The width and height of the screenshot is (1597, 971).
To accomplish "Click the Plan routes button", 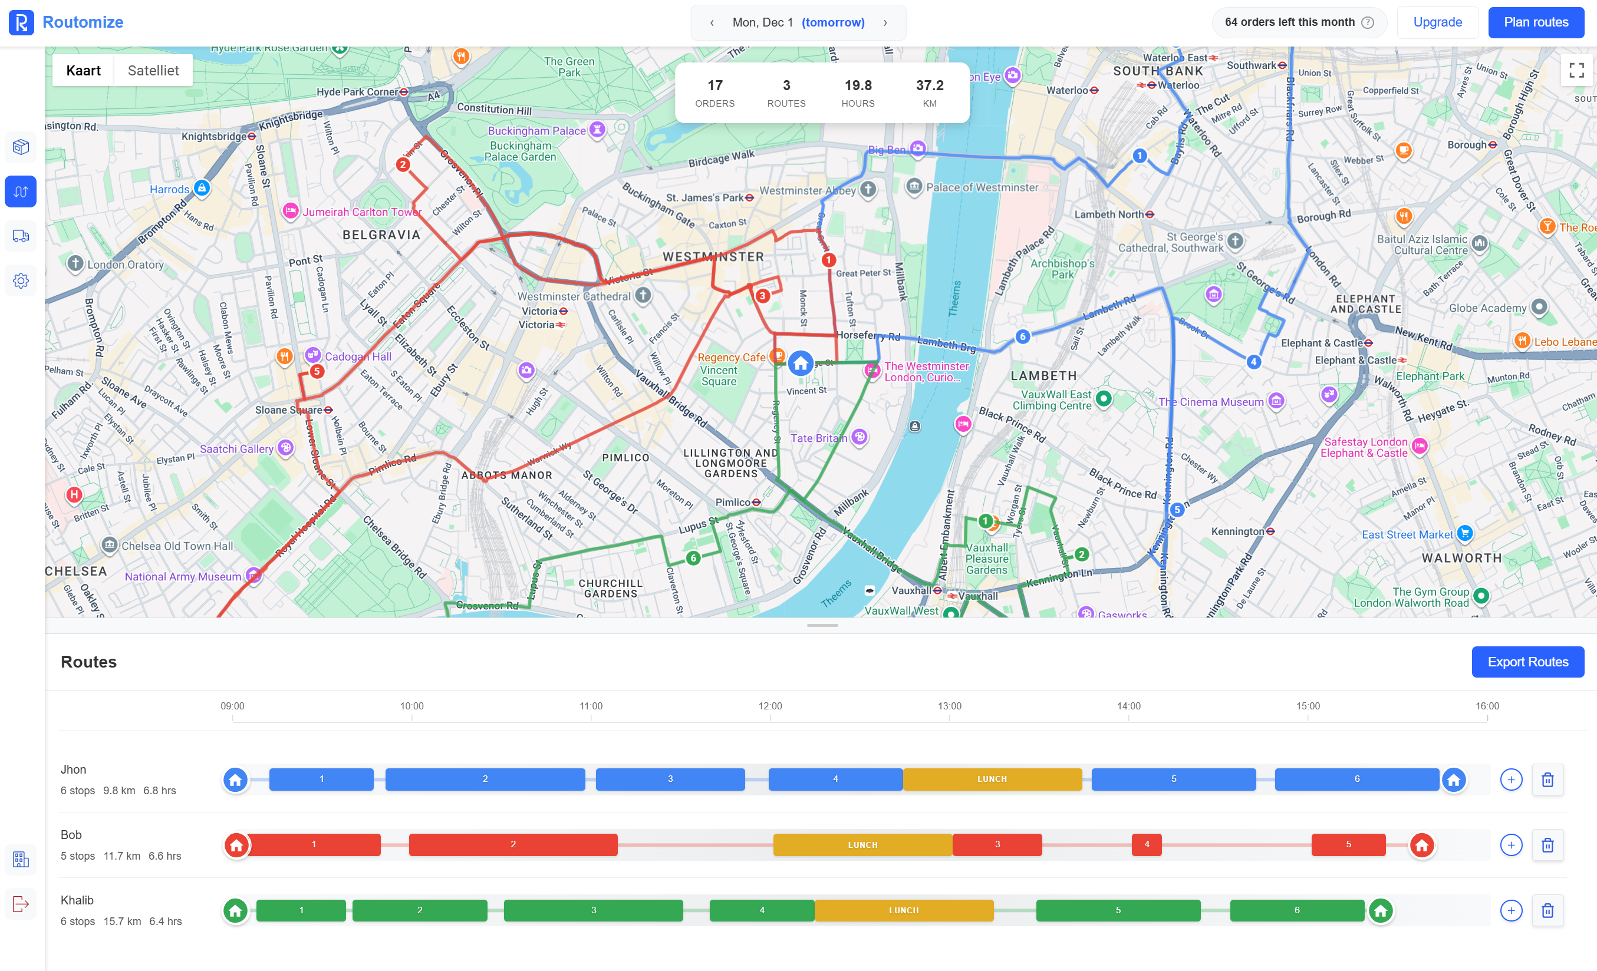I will pos(1536,22).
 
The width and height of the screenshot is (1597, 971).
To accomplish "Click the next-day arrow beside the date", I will pos(885,22).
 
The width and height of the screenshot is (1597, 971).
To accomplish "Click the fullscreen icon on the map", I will pos(1576,70).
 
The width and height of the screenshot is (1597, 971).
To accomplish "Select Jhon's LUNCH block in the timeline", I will pos(992,780).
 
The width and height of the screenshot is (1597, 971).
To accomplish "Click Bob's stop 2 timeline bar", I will pos(513,845).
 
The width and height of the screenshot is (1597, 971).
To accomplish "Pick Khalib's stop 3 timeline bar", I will pos(593,910).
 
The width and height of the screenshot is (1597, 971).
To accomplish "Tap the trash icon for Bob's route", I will pos(1547,845).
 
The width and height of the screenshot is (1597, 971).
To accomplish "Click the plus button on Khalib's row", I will pos(1511,910).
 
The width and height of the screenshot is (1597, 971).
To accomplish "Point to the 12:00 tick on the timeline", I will pos(770,706).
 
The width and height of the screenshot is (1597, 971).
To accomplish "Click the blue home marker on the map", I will pos(801,364).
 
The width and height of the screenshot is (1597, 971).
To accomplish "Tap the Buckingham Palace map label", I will pos(536,131).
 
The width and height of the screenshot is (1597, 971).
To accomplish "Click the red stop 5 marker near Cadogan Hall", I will pos(317,371).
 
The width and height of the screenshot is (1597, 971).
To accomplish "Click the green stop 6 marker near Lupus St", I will pos(693,558).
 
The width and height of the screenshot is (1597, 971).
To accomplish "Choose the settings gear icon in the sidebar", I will pos(21,281).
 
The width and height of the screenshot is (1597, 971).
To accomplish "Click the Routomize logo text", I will pos(83,22).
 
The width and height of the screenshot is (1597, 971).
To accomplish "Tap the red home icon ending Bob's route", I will pos(1421,845).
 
